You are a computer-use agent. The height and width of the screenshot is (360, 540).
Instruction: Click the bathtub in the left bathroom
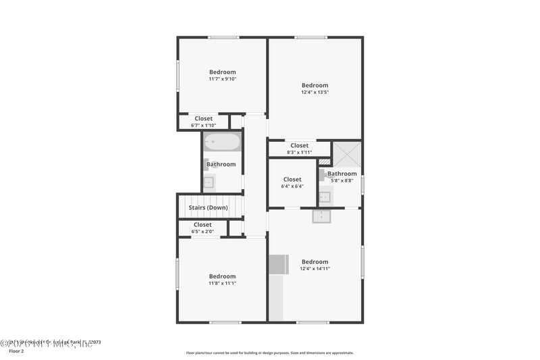(x=222, y=142)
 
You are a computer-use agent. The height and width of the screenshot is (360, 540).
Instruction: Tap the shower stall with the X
(x=348, y=154)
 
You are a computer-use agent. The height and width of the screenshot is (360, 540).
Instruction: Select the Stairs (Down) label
(x=208, y=207)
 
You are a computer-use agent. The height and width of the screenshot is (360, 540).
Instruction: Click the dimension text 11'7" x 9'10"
(x=222, y=79)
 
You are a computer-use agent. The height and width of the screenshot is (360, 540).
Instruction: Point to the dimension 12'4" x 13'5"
(x=315, y=93)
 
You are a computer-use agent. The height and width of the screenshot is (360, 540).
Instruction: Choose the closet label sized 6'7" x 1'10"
(x=203, y=125)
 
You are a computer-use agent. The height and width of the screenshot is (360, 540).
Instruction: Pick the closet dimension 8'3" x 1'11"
(x=300, y=152)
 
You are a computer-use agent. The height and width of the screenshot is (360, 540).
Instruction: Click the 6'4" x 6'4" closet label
(x=292, y=186)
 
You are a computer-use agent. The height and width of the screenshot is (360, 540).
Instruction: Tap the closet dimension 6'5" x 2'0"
(x=202, y=232)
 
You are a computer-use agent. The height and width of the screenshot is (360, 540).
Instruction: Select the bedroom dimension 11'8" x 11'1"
(x=222, y=283)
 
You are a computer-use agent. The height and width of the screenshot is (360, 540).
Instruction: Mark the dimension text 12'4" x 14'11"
(x=315, y=269)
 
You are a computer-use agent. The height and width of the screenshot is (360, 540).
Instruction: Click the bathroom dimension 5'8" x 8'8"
(x=342, y=180)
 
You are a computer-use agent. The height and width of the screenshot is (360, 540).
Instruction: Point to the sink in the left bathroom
(x=209, y=182)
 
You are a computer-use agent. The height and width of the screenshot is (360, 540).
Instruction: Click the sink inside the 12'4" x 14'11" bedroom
(x=322, y=216)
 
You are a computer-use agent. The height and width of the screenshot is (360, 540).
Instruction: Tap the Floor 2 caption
(x=16, y=351)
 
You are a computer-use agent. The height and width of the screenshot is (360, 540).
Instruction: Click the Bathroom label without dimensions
(x=221, y=164)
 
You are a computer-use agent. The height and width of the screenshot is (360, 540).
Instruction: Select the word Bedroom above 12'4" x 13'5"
(x=315, y=85)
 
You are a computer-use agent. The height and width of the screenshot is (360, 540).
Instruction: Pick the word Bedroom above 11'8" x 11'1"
(x=222, y=276)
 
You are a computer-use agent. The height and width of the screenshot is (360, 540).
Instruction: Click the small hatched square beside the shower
(x=325, y=162)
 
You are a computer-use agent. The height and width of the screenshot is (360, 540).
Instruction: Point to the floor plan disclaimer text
(x=269, y=353)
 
